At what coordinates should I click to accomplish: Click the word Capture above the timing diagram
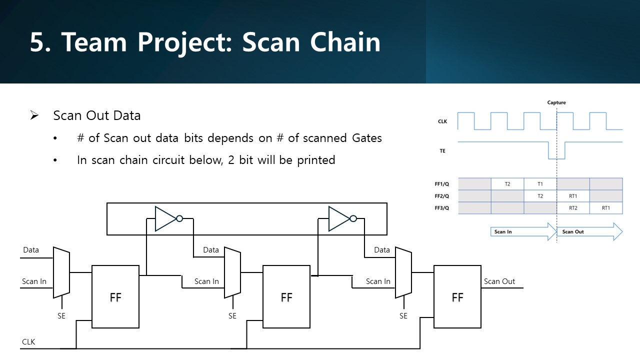click(x=556, y=102)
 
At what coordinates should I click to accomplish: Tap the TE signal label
click(x=442, y=150)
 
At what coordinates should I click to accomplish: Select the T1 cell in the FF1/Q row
click(x=540, y=184)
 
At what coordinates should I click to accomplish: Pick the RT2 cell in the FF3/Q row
click(x=573, y=208)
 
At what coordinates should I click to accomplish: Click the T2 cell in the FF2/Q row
click(x=540, y=196)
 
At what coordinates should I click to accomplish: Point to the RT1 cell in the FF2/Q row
click(x=573, y=196)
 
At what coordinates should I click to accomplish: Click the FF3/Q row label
click(x=443, y=208)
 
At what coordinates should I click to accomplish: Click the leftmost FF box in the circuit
click(x=115, y=297)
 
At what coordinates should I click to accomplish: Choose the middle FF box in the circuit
click(x=286, y=297)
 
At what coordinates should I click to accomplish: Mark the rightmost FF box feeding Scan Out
click(x=457, y=297)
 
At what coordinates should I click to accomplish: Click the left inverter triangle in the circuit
click(x=165, y=219)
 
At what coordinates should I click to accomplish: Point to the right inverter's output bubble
click(x=353, y=218)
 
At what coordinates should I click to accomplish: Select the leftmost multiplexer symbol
click(x=61, y=272)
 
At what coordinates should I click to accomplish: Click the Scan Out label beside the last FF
click(x=499, y=281)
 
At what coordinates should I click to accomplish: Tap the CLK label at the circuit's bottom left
click(x=28, y=342)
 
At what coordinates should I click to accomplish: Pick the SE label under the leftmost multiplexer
click(x=61, y=316)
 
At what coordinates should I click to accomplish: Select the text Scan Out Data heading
click(x=97, y=115)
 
